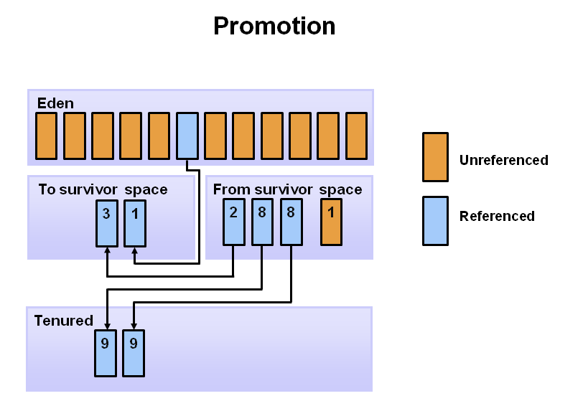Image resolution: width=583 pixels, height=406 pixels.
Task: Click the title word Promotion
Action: [274, 26]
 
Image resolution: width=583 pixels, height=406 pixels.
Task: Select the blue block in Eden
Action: [187, 136]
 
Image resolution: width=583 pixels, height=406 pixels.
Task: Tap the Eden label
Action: [55, 103]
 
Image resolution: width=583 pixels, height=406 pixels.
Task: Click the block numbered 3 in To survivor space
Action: [107, 223]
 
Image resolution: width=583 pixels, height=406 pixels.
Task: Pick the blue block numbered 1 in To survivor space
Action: [135, 223]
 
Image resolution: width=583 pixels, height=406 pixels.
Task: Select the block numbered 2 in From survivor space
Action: [234, 222]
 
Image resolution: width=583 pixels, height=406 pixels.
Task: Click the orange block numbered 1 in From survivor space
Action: [331, 222]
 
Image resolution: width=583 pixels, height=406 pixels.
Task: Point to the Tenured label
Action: [64, 321]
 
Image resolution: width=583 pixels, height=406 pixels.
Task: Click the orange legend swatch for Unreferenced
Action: [435, 157]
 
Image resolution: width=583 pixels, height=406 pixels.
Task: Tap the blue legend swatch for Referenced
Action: [435, 221]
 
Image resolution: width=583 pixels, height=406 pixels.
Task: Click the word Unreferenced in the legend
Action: [504, 160]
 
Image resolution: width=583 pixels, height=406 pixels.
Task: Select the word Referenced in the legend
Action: [497, 216]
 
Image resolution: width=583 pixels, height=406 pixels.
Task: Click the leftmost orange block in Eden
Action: [46, 136]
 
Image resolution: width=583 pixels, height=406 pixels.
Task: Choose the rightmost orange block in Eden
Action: [357, 136]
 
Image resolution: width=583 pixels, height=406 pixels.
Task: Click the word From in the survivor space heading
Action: [232, 189]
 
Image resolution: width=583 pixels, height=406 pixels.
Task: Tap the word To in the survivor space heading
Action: [47, 189]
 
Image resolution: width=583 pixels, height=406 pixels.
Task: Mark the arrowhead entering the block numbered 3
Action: [107, 250]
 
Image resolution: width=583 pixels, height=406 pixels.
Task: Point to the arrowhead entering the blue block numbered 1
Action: [134, 250]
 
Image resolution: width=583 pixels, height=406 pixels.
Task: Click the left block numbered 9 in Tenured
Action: [106, 353]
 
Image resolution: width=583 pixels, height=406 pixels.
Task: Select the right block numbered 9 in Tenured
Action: [134, 353]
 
